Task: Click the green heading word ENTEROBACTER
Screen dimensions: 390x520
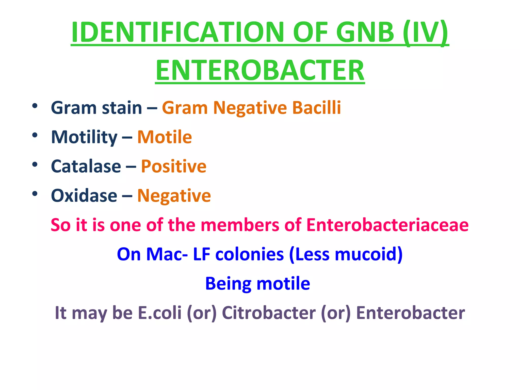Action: pos(260,70)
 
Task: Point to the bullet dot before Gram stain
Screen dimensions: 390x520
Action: pos(35,106)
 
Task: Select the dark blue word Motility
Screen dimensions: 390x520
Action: pos(84,137)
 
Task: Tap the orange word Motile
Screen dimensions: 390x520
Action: pos(165,137)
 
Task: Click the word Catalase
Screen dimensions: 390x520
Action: pos(86,166)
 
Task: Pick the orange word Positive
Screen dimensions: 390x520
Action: pos(174,166)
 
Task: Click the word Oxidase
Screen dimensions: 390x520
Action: pos(84,196)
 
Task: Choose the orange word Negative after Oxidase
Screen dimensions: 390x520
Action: pos(174,196)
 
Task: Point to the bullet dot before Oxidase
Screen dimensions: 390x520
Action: pos(35,194)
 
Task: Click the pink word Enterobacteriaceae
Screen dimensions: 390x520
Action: pos(387,225)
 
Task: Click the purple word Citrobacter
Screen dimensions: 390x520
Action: pos(269,313)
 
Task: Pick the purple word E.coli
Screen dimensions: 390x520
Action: pos(159,313)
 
